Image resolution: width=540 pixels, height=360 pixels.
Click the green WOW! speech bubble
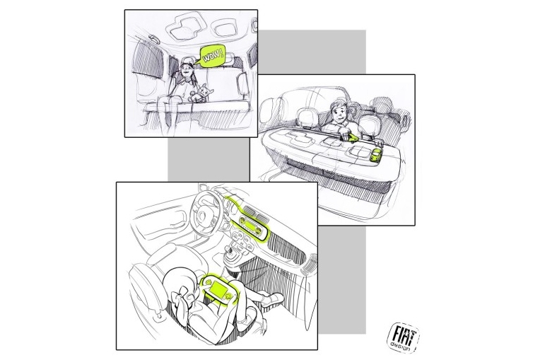pyautogui.click(x=212, y=55)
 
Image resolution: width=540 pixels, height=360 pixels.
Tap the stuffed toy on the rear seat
pyautogui.click(x=202, y=93)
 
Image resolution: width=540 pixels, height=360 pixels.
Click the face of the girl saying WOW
pyautogui.click(x=187, y=71)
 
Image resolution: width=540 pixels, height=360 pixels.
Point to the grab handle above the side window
pyautogui.click(x=154, y=39)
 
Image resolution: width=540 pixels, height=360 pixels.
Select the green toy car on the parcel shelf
pyautogui.click(x=375, y=155)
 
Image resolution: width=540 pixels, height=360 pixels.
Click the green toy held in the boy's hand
pyautogui.click(x=352, y=139)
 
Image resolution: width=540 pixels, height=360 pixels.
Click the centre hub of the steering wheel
pyautogui.click(x=202, y=216)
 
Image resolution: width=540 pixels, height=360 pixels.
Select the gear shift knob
pyautogui.click(x=228, y=249)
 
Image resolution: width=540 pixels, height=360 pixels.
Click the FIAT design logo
pyautogui.click(x=404, y=337)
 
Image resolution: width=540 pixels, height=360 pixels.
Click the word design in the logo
pyautogui.click(x=401, y=347)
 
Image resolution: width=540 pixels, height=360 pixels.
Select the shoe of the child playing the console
pyautogui.click(x=272, y=298)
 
